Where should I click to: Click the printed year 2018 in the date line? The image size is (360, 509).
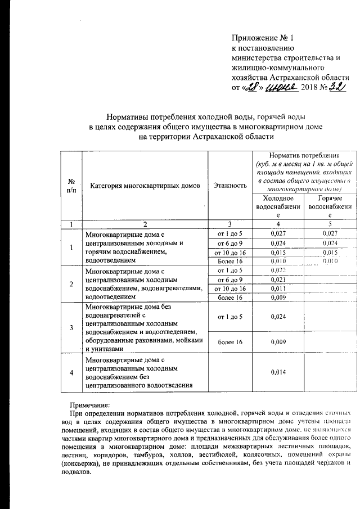click(309, 87)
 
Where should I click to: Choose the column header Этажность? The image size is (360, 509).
click(228, 185)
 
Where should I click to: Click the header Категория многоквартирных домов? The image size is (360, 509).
click(145, 185)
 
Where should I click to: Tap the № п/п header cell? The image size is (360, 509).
click(71, 185)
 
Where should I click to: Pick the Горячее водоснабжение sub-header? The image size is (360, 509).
click(330, 207)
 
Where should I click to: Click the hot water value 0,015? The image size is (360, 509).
click(330, 253)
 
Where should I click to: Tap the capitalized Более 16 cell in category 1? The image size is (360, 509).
click(228, 262)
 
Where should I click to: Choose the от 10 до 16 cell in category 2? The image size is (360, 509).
click(228, 288)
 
